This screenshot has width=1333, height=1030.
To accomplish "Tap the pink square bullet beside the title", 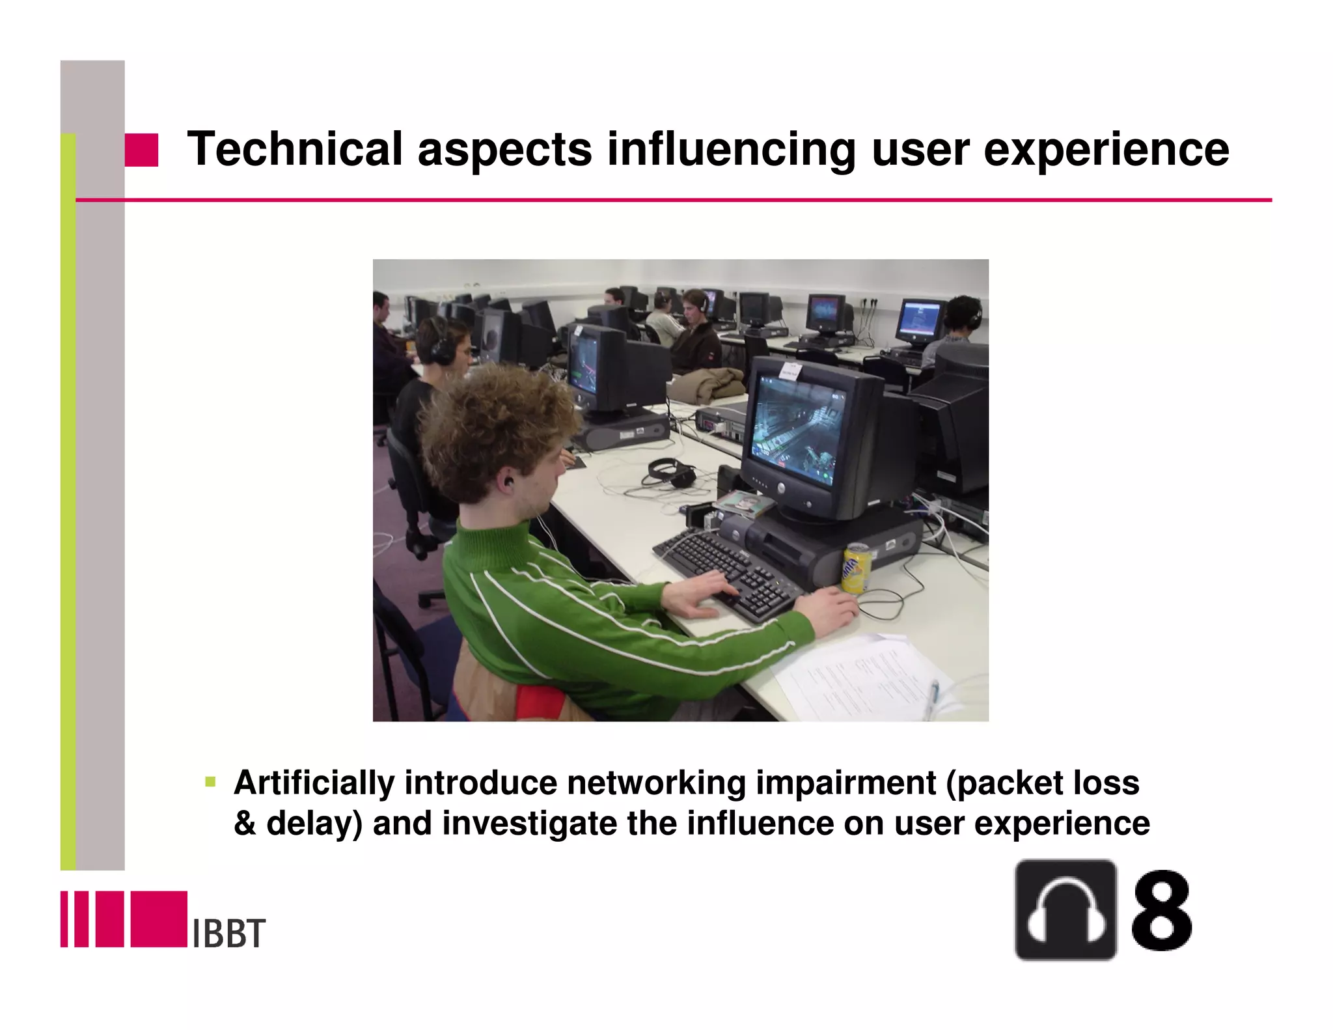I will [x=141, y=150].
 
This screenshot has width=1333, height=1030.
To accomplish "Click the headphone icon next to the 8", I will [x=1065, y=910].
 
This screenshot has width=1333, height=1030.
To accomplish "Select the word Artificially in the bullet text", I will [x=314, y=783].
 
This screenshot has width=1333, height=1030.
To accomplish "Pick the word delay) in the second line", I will [x=314, y=823].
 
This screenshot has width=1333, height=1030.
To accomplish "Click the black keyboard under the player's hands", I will [x=729, y=573].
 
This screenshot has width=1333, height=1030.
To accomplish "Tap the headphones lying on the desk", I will [x=670, y=472].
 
